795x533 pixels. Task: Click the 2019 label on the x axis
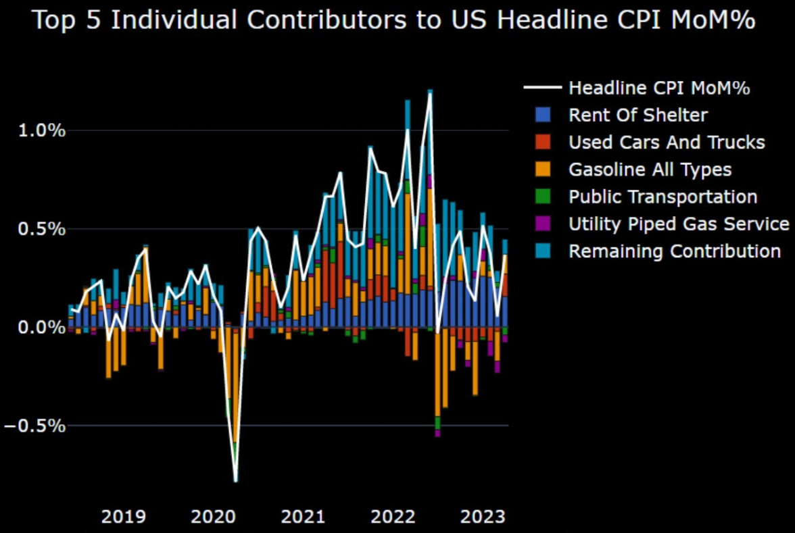[x=123, y=517]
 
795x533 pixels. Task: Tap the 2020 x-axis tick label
[x=214, y=517]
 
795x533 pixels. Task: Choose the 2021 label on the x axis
[x=304, y=517]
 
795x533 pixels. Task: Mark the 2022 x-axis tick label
[x=393, y=517]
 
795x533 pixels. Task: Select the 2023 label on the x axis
[x=483, y=517]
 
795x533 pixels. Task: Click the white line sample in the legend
[x=542, y=88]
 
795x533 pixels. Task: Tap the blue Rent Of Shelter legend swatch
[x=542, y=115]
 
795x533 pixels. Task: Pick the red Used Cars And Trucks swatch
[x=542, y=143]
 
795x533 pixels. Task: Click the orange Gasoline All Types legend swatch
[x=542, y=170]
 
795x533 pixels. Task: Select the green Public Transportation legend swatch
[x=542, y=197]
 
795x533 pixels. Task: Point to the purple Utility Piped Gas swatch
[x=542, y=224]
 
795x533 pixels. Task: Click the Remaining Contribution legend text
[x=674, y=251]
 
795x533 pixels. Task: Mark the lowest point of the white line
[x=236, y=481]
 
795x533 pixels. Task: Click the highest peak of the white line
[x=430, y=94]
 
